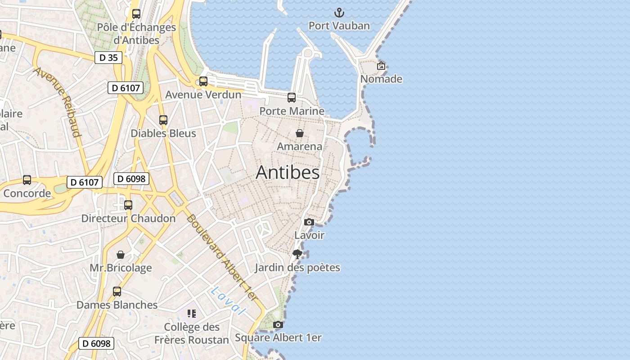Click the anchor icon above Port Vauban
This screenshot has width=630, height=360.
click(x=339, y=13)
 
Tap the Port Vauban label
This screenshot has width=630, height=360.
click(x=339, y=26)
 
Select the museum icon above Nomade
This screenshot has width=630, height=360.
click(x=381, y=66)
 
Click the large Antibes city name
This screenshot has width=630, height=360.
click(x=288, y=172)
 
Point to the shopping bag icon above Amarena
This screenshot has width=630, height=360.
click(x=300, y=133)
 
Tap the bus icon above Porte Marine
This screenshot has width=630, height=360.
click(x=292, y=97)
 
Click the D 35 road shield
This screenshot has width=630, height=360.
click(x=108, y=58)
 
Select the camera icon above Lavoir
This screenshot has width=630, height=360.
click(x=309, y=222)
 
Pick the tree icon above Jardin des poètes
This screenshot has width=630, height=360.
click(x=297, y=254)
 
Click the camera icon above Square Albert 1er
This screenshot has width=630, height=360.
click(x=278, y=324)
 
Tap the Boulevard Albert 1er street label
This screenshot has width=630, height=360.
click(x=222, y=257)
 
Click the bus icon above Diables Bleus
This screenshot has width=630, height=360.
click(x=163, y=120)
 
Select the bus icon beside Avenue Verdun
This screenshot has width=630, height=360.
click(x=203, y=81)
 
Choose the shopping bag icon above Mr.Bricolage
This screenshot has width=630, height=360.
click(x=121, y=255)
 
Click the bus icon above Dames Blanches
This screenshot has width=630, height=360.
click(x=117, y=292)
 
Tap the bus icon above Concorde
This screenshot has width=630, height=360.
click(x=27, y=180)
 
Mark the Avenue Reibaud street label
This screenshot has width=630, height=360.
click(x=57, y=102)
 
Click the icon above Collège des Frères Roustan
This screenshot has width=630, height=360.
click(x=192, y=314)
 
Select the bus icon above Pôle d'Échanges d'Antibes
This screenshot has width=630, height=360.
click(x=136, y=14)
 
